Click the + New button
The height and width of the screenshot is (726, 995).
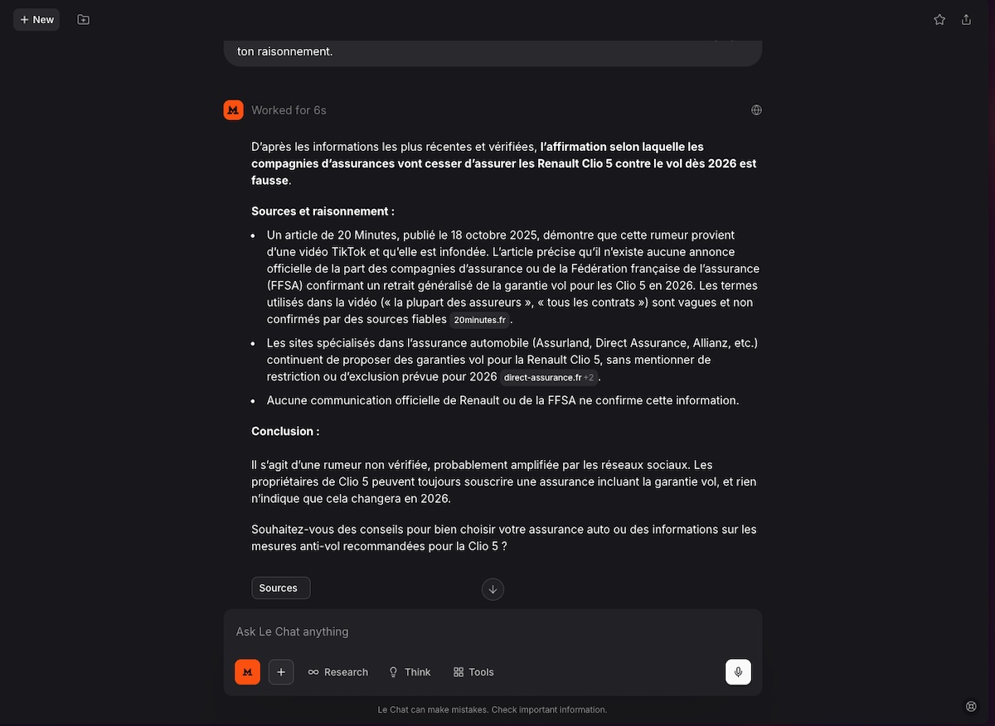coord(36,19)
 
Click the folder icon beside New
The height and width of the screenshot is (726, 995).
coord(83,19)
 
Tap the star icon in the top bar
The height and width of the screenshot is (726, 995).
coord(939,19)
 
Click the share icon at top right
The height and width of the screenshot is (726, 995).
coord(966,19)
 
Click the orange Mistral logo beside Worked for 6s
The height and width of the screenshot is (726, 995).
coord(233,110)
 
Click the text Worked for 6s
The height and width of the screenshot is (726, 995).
coord(289,110)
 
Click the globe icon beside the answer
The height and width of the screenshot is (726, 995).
coord(756,110)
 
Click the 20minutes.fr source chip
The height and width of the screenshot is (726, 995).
coord(479,320)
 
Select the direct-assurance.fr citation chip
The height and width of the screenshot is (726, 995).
coord(543,378)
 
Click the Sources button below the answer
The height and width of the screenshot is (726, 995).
coord(280,588)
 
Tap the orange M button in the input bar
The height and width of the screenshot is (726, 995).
coord(247,672)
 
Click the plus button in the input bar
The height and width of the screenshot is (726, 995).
coord(281,672)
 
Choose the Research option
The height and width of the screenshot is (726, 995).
coord(337,672)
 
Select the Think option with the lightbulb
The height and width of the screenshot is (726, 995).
coord(410,672)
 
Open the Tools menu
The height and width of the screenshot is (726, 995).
coord(473,672)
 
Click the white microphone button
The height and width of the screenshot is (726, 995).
coord(738,672)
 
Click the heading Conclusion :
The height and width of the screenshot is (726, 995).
coord(285,431)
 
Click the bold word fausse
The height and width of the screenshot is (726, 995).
coord(269,180)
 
